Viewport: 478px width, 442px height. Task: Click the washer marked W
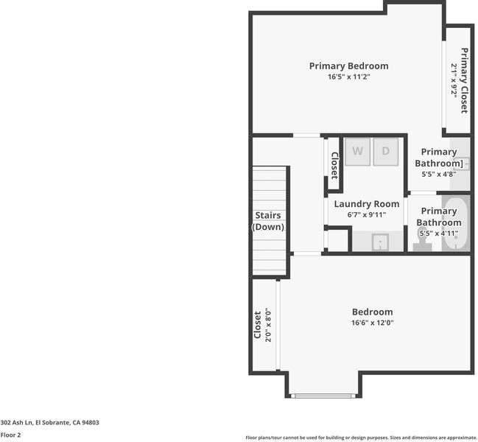click(358, 152)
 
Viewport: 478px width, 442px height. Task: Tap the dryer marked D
click(386, 152)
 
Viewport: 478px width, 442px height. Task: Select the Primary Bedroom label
click(349, 66)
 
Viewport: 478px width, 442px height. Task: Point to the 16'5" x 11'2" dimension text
click(349, 77)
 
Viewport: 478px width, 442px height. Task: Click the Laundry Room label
click(367, 204)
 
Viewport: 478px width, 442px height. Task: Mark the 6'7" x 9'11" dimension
click(367, 214)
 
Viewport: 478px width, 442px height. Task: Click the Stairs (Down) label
click(268, 221)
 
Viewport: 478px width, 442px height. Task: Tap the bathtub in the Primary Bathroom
click(456, 224)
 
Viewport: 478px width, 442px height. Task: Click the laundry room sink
click(380, 242)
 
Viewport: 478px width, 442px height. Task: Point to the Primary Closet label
click(464, 81)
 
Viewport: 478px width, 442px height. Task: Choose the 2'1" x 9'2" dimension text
click(454, 80)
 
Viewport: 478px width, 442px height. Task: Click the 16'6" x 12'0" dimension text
click(372, 323)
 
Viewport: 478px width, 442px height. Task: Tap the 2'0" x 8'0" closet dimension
click(268, 325)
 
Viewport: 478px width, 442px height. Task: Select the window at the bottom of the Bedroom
click(323, 396)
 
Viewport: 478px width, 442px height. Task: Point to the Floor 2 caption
click(10, 435)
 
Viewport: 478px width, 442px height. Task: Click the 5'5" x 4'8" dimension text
click(439, 174)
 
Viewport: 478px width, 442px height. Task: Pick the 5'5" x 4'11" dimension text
click(439, 234)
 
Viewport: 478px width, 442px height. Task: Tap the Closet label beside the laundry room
click(334, 166)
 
